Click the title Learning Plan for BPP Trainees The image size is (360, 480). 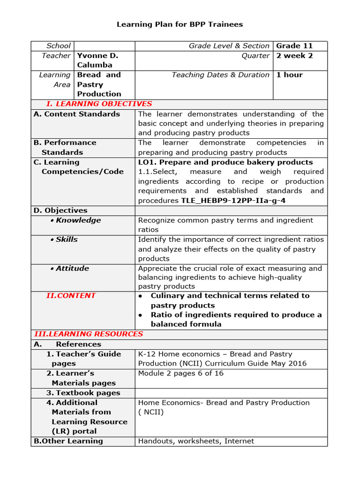tap(180, 24)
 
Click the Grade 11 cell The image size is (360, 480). tap(294, 46)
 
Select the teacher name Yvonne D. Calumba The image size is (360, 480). tap(97, 60)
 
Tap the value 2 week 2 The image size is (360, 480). tap(294, 56)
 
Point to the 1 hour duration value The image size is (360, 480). tap(289, 75)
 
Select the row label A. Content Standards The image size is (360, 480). tap(77, 114)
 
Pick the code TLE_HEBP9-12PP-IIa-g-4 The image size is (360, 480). tap(233, 201)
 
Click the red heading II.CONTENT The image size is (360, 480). tap(71, 296)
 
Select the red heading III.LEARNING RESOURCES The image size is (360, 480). tap(89, 334)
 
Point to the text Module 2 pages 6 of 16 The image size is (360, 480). tap(181, 374)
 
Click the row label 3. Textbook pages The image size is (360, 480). tap(83, 393)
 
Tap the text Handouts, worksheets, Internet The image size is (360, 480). tap(196, 441)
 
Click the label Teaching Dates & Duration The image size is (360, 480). tap(220, 75)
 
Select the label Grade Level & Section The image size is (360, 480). tap(229, 46)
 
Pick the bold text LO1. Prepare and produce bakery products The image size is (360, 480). tap(225, 162)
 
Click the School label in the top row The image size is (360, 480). tap(59, 46)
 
